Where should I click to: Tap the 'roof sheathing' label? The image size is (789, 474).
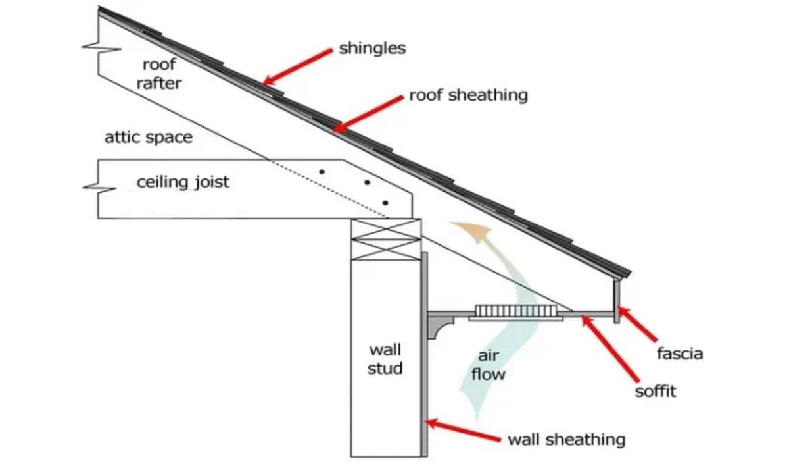[x=468, y=95]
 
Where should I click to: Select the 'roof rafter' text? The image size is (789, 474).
[x=158, y=74]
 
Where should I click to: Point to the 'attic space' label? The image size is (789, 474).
[x=149, y=138]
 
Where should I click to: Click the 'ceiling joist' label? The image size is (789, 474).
[x=183, y=182]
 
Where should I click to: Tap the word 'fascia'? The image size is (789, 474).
[x=680, y=354]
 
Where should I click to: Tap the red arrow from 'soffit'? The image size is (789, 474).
[x=611, y=349]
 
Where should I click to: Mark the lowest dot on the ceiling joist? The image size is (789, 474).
[x=385, y=203]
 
